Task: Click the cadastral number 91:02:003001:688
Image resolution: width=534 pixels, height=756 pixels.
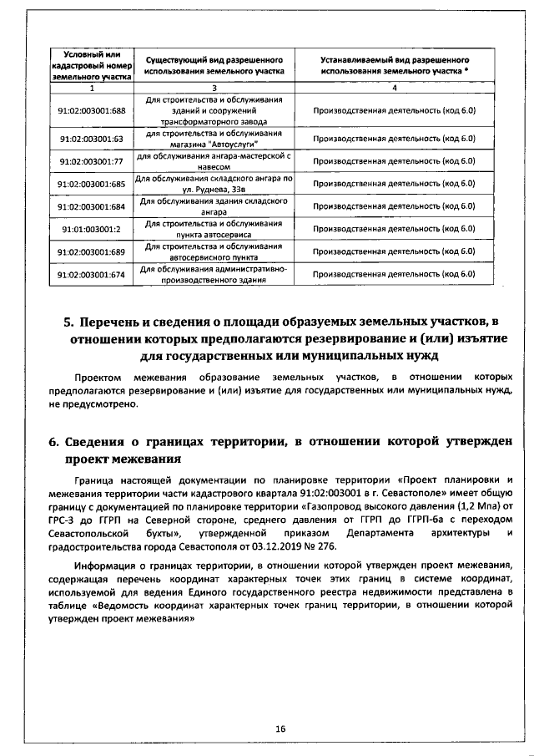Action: (x=92, y=110)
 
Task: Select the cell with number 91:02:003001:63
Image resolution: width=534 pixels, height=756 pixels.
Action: (x=92, y=139)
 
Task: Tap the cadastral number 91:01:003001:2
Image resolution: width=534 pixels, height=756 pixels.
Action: (x=92, y=228)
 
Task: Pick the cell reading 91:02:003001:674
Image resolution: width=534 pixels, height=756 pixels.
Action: (x=92, y=273)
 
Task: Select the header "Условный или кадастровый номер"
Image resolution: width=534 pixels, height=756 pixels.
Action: (x=92, y=64)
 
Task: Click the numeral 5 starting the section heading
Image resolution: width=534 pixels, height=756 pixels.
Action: (x=69, y=323)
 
